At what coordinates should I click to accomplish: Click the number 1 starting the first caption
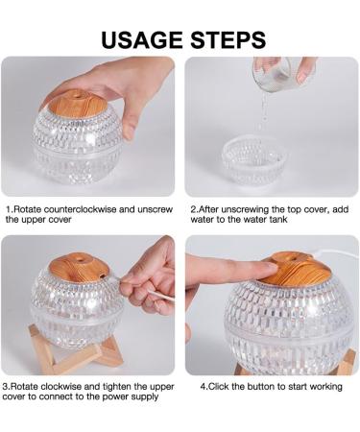point(8,208)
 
